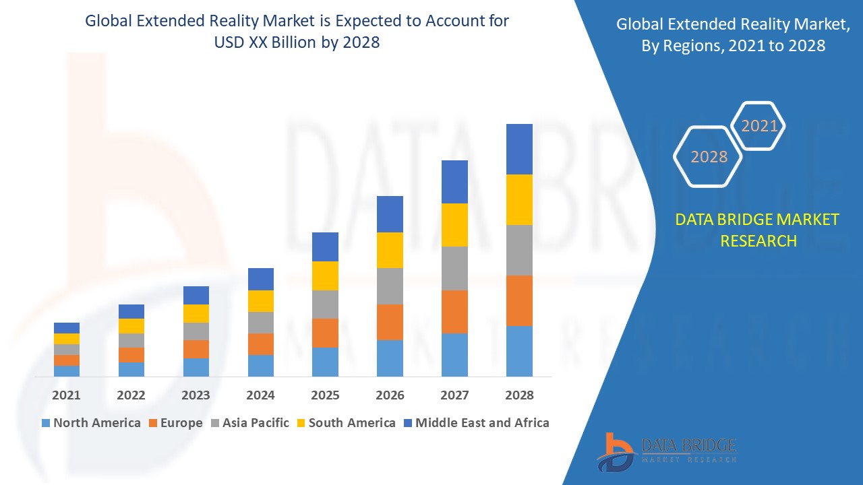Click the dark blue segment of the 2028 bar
coord(519,149)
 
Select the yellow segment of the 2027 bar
coord(454,225)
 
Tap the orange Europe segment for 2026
coord(390,322)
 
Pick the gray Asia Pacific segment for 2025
coord(325,304)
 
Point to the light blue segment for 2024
coord(261,365)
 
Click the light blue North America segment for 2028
coord(519,351)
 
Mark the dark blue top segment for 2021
coord(67,328)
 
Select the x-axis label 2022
coord(131,395)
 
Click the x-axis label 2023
coord(196,395)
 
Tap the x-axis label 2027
coord(454,395)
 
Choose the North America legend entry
coord(90,423)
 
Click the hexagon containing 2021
coord(759,126)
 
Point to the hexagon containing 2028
coord(709,157)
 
